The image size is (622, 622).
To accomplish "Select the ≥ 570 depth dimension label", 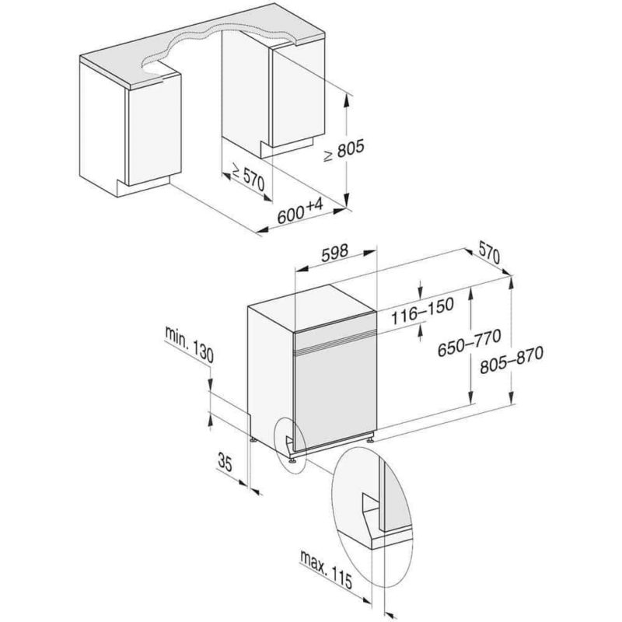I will pos(248,177).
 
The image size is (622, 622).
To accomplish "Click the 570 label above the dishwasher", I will pos(487,253).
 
